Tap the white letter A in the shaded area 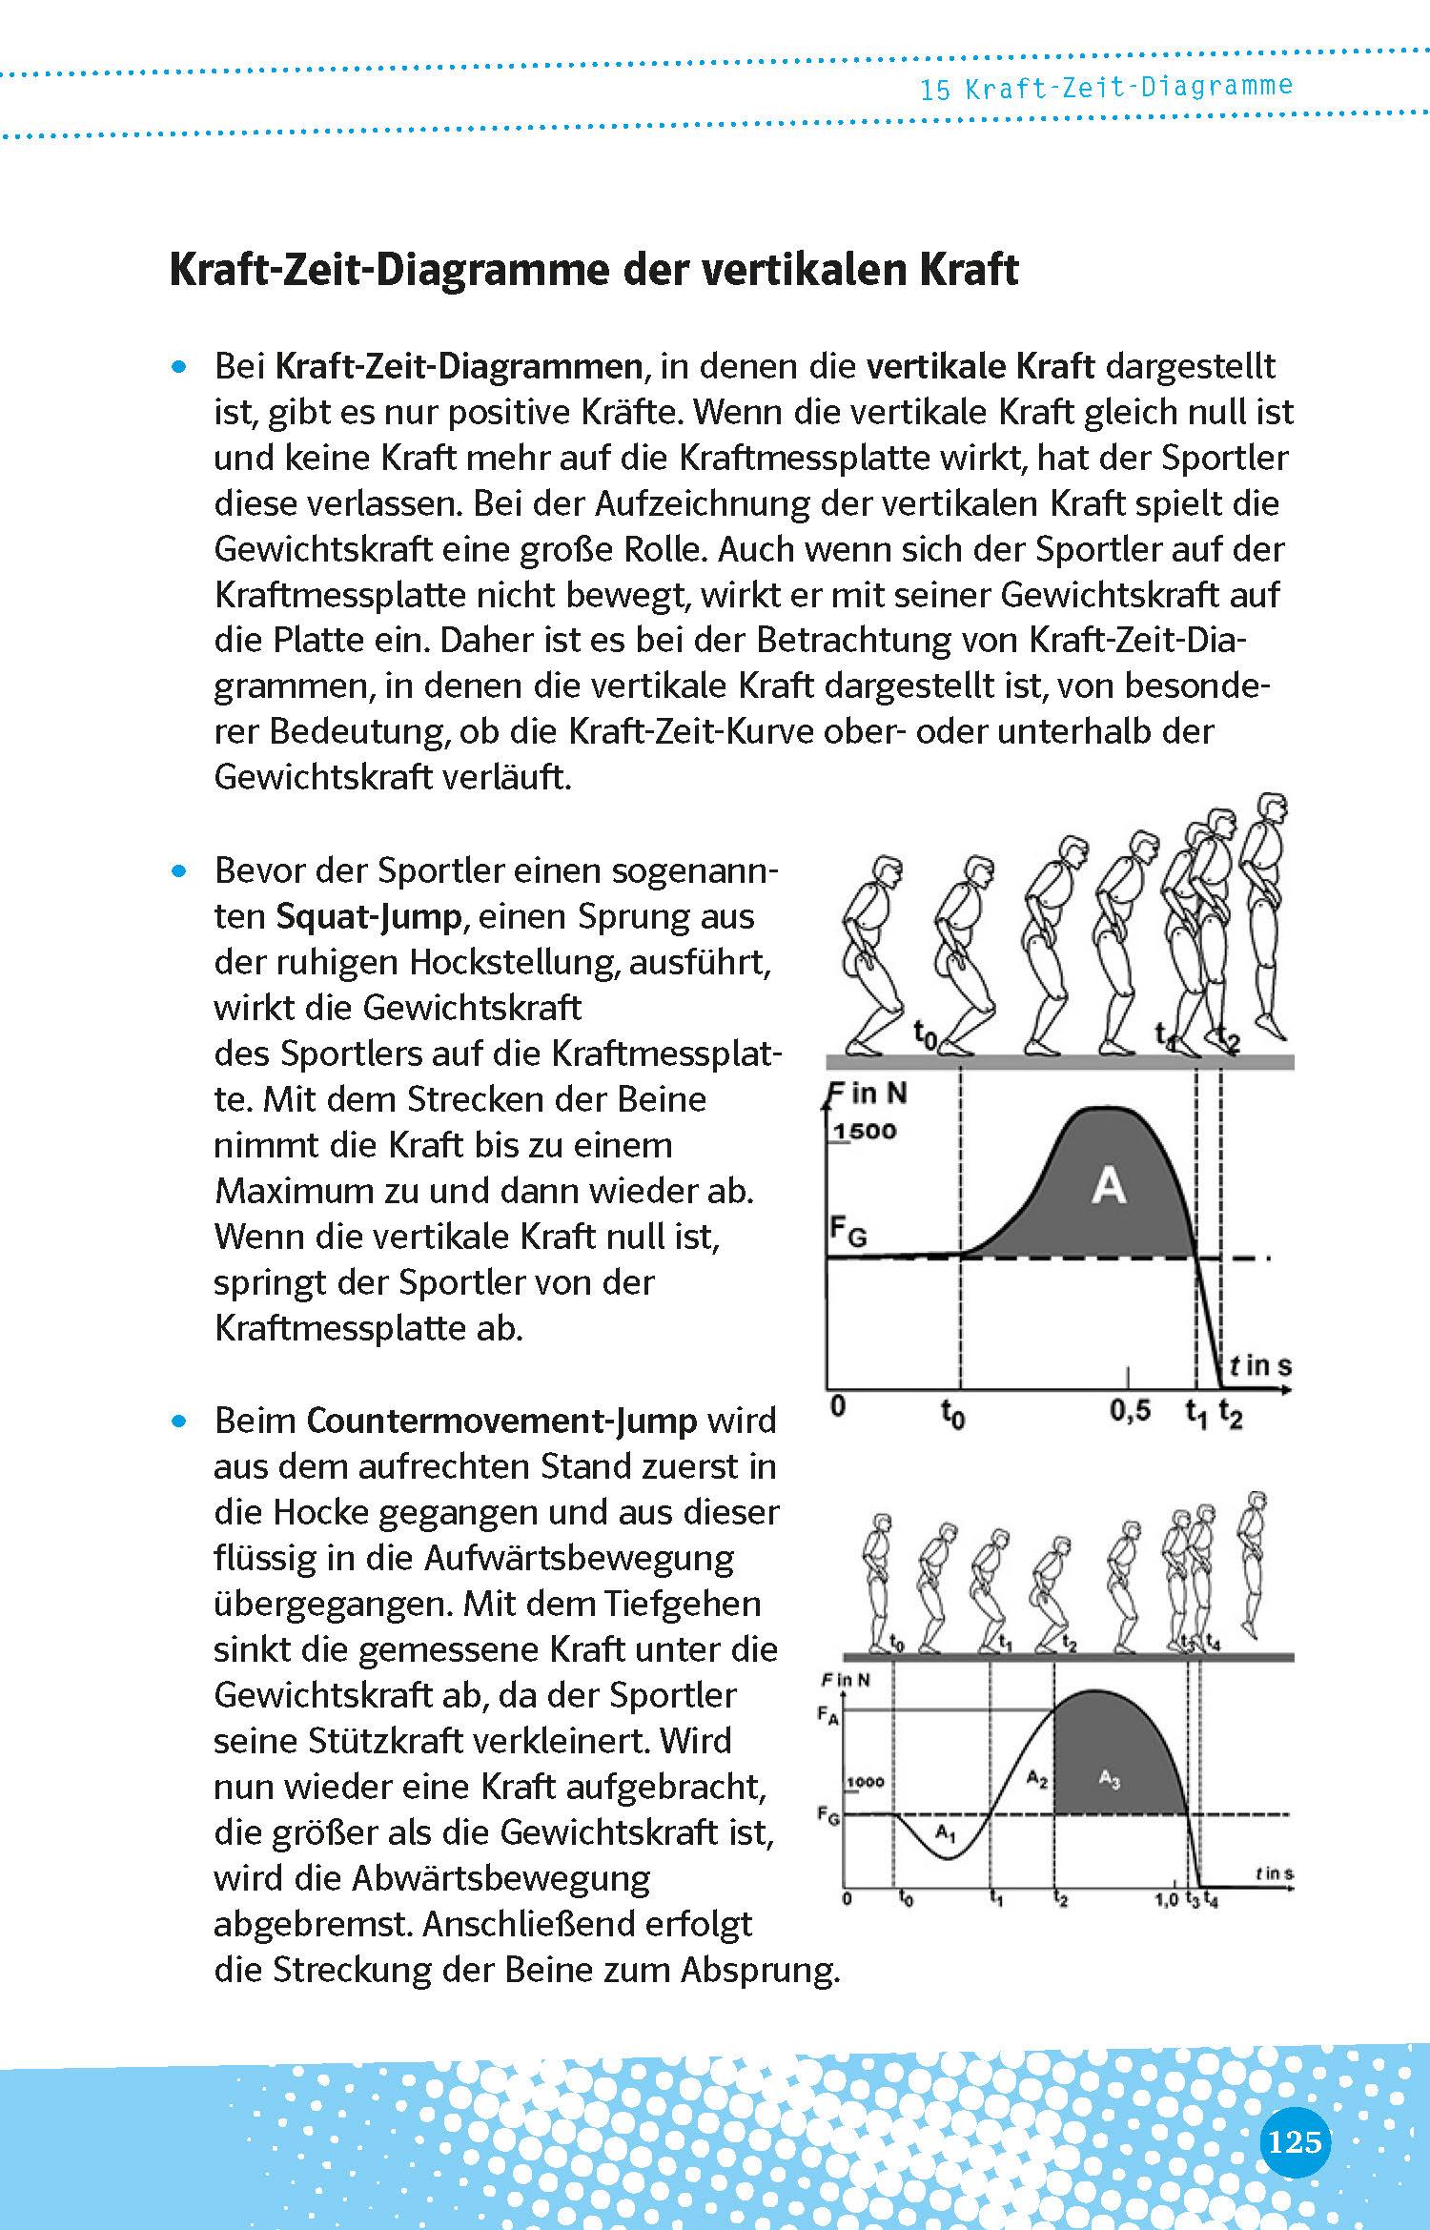tap(1108, 1187)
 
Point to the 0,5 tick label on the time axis tap(1130, 1410)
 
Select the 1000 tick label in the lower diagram tap(865, 1781)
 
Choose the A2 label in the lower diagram tap(1037, 1776)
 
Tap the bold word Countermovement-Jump tap(502, 1421)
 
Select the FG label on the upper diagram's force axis tap(847, 1235)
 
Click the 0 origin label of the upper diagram tap(837, 1406)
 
